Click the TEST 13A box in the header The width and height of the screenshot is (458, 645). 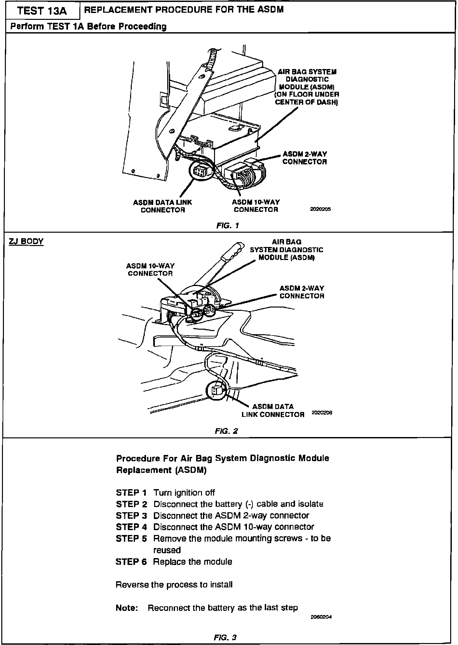pyautogui.click(x=42, y=11)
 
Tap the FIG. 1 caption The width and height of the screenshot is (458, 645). pyautogui.click(x=228, y=225)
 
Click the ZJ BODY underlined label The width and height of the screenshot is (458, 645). pyautogui.click(x=26, y=241)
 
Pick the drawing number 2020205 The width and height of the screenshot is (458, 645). pyautogui.click(x=320, y=210)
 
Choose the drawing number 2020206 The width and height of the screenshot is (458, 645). pyautogui.click(x=322, y=413)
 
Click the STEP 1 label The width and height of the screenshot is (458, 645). pyautogui.click(x=131, y=493)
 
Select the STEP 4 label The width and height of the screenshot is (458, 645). pyautogui.click(x=131, y=527)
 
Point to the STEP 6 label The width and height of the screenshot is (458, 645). pyautogui.click(x=131, y=562)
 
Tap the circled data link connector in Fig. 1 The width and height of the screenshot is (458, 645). pyautogui.click(x=199, y=171)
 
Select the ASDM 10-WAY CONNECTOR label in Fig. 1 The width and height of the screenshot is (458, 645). pyautogui.click(x=256, y=206)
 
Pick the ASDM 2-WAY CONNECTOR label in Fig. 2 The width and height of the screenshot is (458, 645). pyautogui.click(x=302, y=292)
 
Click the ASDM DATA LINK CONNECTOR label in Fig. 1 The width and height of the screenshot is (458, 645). pyautogui.click(x=163, y=206)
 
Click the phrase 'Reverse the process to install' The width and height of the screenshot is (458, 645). pyautogui.click(x=174, y=585)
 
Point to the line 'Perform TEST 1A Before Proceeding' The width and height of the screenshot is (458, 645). pyautogui.click(x=88, y=26)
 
